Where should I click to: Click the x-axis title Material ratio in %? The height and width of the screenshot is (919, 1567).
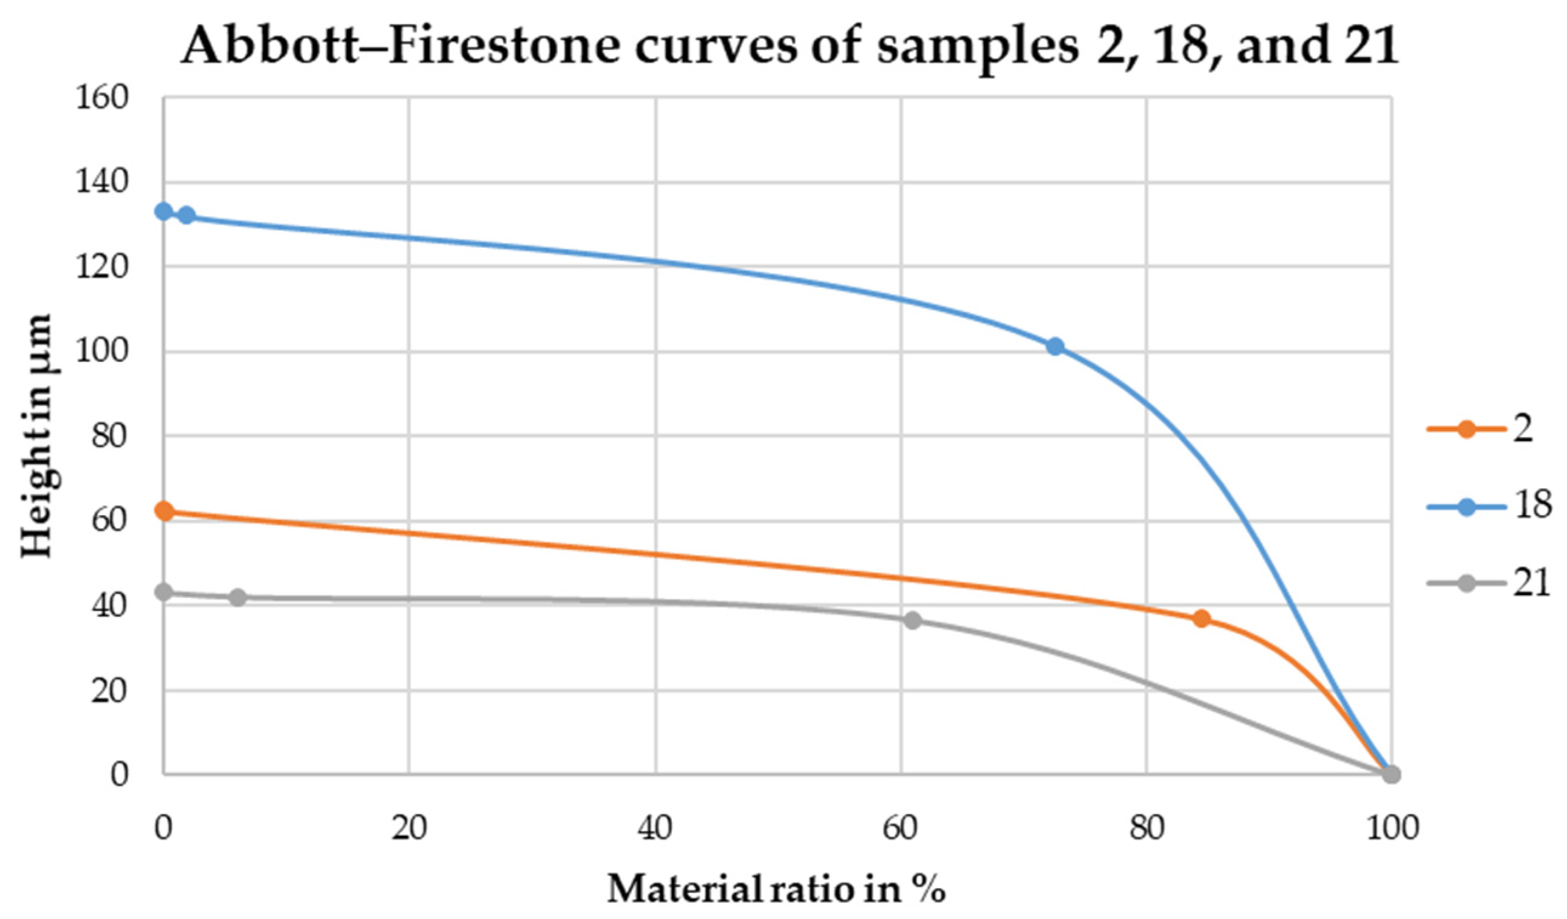(776, 889)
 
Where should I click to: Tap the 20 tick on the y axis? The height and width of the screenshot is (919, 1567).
(109, 691)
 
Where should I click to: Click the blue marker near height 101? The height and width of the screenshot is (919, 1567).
(1055, 347)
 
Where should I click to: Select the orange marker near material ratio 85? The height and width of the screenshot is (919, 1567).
(1202, 618)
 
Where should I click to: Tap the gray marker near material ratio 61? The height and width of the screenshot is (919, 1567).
(912, 620)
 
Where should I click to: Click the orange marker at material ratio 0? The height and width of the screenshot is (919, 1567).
(164, 511)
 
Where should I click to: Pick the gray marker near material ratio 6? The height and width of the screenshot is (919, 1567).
(237, 597)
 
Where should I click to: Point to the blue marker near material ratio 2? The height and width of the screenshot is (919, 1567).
(186, 216)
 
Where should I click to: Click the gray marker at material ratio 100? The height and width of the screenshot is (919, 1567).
(1392, 774)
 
